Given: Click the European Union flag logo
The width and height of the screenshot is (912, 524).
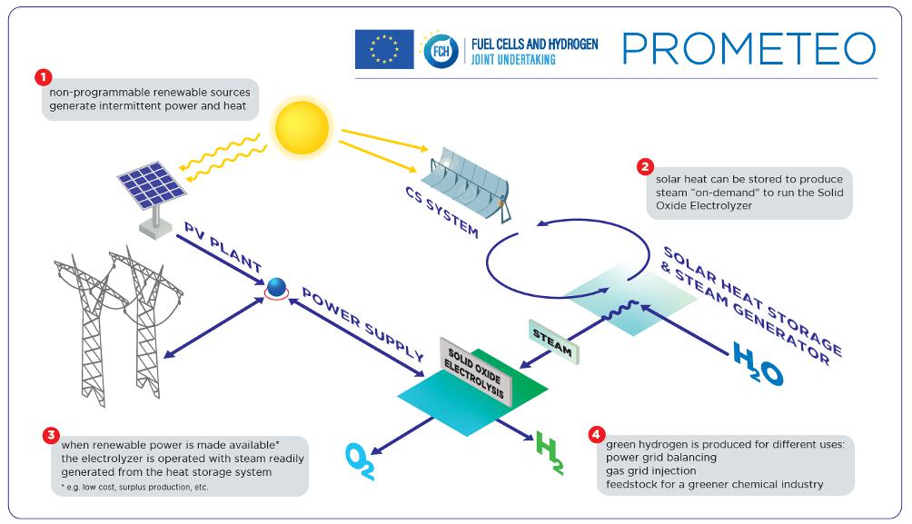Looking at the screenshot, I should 384,49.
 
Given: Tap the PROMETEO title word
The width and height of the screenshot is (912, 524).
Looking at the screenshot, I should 749,49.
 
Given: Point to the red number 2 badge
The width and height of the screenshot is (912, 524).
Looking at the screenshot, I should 645,166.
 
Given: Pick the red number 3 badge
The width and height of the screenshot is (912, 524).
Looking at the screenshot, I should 51,433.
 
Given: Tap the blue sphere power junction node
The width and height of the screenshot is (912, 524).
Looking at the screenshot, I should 275,288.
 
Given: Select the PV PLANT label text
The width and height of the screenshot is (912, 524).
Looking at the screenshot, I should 223,248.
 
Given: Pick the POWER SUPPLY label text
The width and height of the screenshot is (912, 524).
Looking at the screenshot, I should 362,324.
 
